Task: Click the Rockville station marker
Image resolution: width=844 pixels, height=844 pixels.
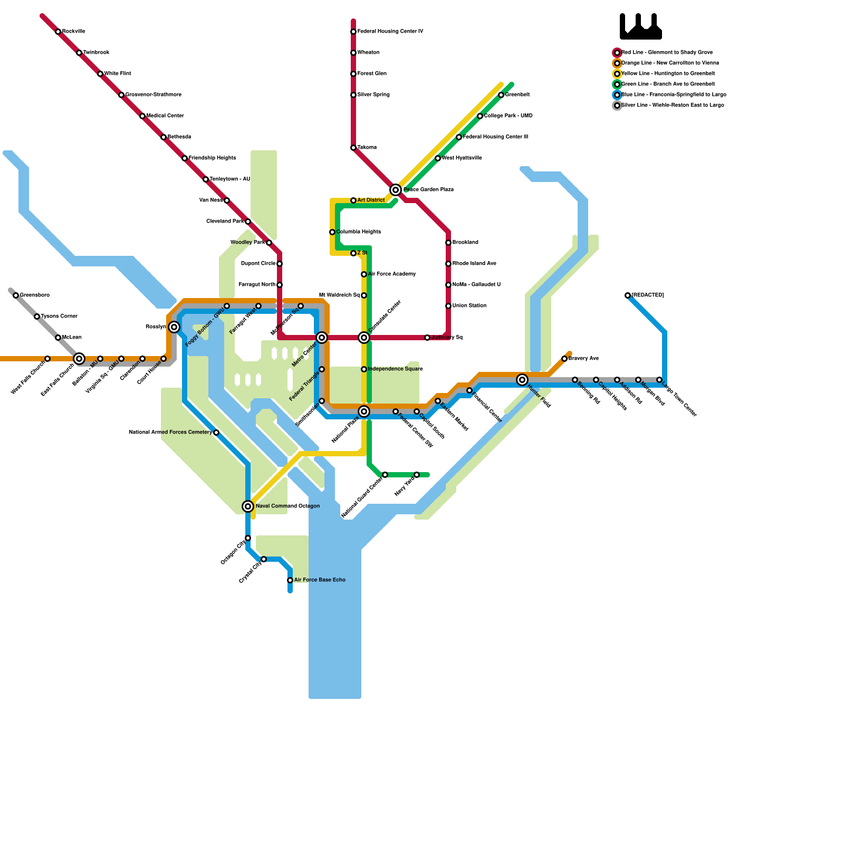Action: (x=58, y=32)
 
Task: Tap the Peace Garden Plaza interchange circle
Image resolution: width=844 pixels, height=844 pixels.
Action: (x=396, y=190)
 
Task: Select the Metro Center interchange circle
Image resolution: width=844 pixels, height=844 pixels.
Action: (x=322, y=338)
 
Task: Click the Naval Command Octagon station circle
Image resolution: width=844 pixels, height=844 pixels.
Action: (x=248, y=506)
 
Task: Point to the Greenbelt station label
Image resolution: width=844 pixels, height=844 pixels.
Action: (x=517, y=95)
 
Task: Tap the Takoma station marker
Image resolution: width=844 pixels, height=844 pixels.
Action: (x=353, y=148)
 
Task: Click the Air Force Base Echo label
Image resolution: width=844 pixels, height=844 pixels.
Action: (x=320, y=580)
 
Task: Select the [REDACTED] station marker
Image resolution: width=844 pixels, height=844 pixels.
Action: (x=628, y=295)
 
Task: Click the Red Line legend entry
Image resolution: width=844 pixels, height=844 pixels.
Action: (x=667, y=53)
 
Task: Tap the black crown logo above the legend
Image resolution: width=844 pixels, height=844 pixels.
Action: (x=640, y=26)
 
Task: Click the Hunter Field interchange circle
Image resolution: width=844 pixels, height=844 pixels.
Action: (x=522, y=380)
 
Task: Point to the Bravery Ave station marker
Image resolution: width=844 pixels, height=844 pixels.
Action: (x=564, y=359)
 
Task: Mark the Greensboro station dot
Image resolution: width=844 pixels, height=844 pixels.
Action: (x=16, y=295)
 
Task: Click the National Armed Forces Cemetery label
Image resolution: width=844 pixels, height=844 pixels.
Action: (x=170, y=433)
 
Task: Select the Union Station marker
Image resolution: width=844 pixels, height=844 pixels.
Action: (x=448, y=306)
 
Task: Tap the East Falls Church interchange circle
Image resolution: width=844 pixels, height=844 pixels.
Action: (x=79, y=359)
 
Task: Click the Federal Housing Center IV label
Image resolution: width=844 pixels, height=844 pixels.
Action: (x=390, y=32)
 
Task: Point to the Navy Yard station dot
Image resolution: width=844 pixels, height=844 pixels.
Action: (x=417, y=475)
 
